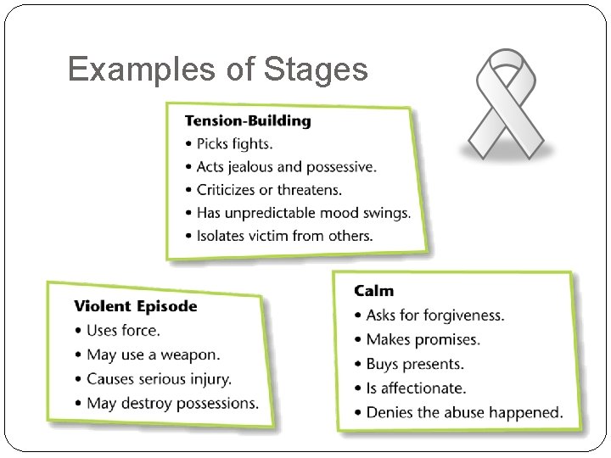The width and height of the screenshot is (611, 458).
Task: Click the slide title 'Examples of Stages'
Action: pyautogui.click(x=217, y=69)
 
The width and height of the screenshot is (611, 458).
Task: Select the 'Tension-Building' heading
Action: pyautogui.click(x=249, y=120)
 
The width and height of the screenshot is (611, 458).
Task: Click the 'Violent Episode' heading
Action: pyautogui.click(x=136, y=306)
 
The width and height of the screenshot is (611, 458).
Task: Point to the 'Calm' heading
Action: pyautogui.click(x=374, y=291)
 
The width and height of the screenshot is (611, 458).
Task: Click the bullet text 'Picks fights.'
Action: pyautogui.click(x=234, y=143)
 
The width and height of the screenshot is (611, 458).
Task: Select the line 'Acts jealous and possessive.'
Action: pyautogui.click(x=286, y=166)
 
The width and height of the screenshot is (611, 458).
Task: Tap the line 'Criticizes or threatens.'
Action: pyautogui.click(x=270, y=189)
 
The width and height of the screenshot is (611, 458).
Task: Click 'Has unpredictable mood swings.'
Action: pyautogui.click(x=303, y=212)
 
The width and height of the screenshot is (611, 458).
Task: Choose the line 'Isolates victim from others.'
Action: pyautogui.click(x=284, y=235)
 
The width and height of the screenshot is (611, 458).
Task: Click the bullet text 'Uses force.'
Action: pyautogui.click(x=123, y=330)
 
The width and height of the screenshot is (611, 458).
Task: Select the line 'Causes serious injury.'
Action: pyautogui.click(x=159, y=378)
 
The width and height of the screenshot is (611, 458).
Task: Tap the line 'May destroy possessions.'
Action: pyautogui.click(x=172, y=402)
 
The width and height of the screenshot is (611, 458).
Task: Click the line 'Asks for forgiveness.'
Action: pyautogui.click(x=434, y=316)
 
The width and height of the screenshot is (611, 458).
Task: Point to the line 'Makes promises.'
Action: pyautogui.click(x=423, y=339)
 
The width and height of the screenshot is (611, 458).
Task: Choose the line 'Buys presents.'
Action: pyautogui.click(x=415, y=364)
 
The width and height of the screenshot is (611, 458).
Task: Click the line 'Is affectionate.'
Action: pyautogui.click(x=416, y=388)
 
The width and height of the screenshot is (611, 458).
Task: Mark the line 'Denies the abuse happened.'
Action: pyautogui.click(x=464, y=412)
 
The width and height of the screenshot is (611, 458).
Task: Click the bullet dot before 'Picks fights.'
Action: pyautogui.click(x=188, y=144)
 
